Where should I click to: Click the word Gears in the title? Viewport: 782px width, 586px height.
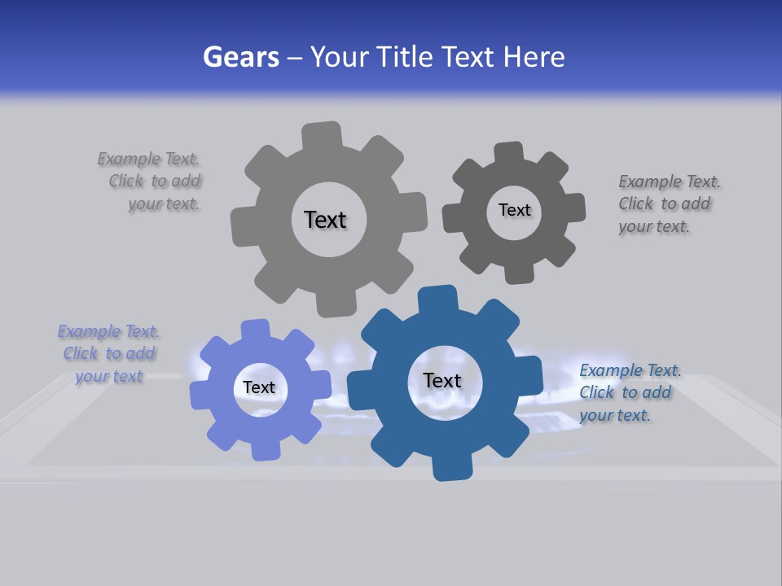click(240, 57)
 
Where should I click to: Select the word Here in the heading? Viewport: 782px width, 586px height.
click(534, 57)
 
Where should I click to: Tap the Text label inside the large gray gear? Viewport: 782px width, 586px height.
click(325, 220)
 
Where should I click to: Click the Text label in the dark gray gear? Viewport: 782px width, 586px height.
click(514, 210)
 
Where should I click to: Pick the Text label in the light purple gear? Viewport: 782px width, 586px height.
click(258, 387)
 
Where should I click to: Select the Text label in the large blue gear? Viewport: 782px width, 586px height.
click(442, 380)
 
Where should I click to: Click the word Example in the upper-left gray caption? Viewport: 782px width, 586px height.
click(129, 159)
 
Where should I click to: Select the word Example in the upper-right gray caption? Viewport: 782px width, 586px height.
click(650, 181)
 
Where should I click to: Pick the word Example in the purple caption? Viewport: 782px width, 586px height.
click(89, 331)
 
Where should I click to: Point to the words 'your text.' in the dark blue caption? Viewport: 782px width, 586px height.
click(615, 415)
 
